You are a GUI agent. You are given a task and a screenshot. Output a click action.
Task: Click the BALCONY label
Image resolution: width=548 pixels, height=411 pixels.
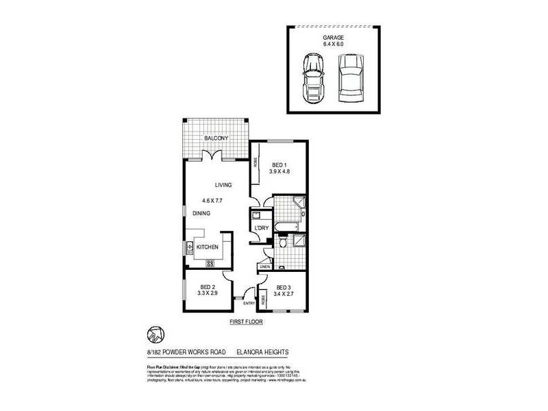coord(216,139)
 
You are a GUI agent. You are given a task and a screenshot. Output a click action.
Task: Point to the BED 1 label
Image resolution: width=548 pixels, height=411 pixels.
coord(279,164)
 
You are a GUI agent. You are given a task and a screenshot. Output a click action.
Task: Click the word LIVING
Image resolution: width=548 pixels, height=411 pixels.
coord(223,185)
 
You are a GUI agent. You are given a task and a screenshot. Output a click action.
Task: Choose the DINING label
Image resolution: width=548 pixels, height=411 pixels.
coord(201,214)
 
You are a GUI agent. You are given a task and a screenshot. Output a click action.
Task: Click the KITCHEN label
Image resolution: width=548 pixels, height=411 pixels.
coord(208,247)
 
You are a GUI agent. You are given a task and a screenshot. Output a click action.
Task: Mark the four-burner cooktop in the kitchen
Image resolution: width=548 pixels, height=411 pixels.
coord(210,263)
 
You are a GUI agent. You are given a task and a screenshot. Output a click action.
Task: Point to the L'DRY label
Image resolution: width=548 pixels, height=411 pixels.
coord(260,228)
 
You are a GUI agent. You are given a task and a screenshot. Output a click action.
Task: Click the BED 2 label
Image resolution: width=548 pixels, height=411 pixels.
coord(208,286)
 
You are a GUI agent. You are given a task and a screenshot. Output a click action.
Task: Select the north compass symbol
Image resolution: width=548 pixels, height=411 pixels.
coord(155,334)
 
